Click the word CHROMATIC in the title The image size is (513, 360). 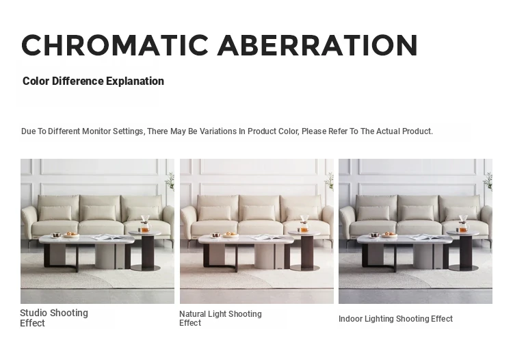click(115, 45)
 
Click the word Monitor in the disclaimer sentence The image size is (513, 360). click(96, 131)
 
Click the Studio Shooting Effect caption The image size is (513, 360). click(54, 318)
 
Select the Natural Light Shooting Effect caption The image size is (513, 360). click(220, 318)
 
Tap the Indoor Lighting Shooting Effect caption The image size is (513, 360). click(395, 318)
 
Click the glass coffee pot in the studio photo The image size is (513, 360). click(145, 224)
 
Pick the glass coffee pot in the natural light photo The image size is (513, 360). click(304, 224)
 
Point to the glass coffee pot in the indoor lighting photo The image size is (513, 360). click(463, 224)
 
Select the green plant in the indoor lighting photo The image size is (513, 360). click(488, 181)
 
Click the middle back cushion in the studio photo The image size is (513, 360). click(99, 212)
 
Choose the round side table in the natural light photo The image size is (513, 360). click(304, 250)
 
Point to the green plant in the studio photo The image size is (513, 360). click(170, 181)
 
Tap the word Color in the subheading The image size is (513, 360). click(36, 81)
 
